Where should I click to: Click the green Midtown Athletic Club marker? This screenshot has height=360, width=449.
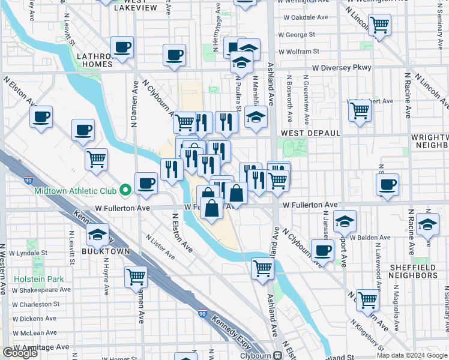click(125, 190)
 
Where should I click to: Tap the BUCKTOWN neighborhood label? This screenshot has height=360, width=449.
click(106, 252)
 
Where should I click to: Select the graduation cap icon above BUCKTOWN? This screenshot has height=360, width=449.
click(97, 235)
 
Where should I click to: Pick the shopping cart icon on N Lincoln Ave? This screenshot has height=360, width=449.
click(379, 25)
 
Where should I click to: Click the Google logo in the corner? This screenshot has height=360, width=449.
click(20, 353)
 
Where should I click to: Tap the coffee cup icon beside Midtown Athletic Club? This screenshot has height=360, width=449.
click(146, 182)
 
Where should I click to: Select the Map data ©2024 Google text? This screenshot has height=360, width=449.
click(412, 355)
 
